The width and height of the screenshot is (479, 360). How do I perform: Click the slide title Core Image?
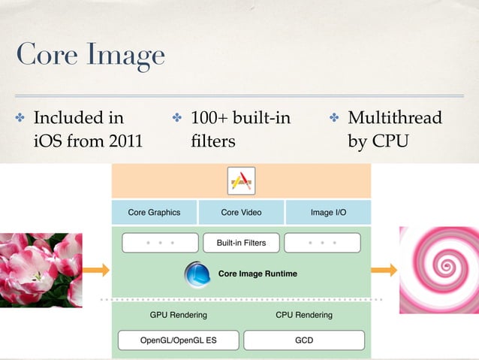(90, 55)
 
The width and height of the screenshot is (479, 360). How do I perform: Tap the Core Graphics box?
(154, 213)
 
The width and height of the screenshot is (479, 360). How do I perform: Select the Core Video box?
(241, 213)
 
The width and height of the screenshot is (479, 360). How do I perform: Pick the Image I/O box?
(328, 213)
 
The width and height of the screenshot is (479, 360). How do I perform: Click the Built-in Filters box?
(241, 243)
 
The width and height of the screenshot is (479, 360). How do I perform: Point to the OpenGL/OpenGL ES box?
(178, 340)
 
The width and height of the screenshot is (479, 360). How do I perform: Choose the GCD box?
(304, 340)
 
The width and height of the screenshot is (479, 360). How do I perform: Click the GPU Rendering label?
(179, 315)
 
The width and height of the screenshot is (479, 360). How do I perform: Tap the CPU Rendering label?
(303, 315)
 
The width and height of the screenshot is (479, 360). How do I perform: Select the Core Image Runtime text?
(258, 274)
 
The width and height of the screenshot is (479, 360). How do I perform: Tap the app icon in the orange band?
(241, 180)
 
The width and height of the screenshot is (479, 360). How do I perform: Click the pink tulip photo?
(41, 270)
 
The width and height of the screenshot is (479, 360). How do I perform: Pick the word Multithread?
(395, 119)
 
